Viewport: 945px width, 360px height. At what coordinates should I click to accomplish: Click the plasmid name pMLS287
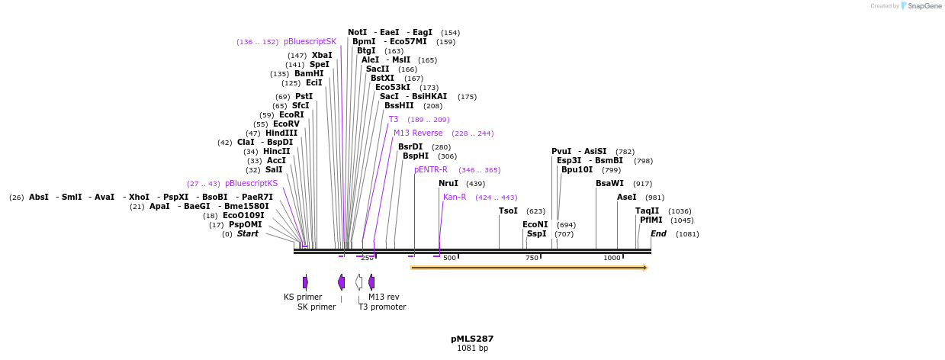click(472, 339)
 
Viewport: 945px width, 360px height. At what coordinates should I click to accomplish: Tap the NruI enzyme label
click(448, 184)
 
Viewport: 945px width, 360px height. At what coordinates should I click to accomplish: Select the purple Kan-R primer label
click(455, 198)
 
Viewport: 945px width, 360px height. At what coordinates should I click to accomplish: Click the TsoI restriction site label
click(508, 211)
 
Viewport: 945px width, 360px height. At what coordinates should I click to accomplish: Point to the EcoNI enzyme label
click(535, 225)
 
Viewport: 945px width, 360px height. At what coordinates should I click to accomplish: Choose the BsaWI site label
click(609, 184)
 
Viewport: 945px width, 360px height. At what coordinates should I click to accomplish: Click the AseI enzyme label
click(626, 198)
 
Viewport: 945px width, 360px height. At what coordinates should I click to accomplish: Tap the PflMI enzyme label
click(651, 220)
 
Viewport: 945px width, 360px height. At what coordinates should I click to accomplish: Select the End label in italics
click(658, 234)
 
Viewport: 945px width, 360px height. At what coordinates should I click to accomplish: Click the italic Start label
click(247, 234)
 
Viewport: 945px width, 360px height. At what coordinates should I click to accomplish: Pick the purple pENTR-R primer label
click(431, 170)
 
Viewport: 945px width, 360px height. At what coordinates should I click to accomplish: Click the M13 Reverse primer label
click(418, 133)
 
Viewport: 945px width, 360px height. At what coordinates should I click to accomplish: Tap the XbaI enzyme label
click(322, 56)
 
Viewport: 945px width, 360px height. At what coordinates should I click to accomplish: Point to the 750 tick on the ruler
click(532, 258)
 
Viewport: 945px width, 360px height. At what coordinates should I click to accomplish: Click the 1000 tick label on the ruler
click(612, 258)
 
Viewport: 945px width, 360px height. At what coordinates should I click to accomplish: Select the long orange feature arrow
click(529, 268)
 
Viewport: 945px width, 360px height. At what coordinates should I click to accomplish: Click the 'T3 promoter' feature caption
click(382, 307)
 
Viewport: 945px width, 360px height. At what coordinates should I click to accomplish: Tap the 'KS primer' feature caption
click(303, 297)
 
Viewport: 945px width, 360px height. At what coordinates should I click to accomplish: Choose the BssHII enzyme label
click(399, 106)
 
